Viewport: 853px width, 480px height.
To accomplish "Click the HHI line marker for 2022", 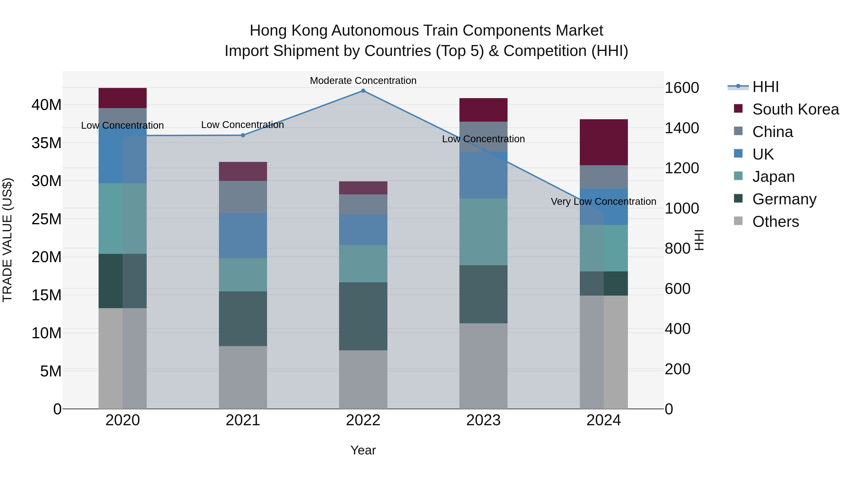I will [363, 91].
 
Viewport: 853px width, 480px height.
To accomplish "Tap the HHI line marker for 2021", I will [243, 135].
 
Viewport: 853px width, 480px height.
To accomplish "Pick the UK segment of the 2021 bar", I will [243, 236].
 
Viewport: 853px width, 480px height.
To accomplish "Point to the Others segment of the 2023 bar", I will [483, 366].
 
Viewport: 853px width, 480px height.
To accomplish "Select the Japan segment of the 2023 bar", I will [483, 232].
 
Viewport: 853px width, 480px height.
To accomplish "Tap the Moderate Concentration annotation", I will [363, 81].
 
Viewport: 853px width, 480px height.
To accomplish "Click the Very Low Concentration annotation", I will [603, 201].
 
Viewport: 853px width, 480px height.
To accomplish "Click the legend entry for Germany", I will [784, 199].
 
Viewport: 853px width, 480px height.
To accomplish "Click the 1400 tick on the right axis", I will [681, 128].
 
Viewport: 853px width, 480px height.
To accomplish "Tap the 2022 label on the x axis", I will [363, 420].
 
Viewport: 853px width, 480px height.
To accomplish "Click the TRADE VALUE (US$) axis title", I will [7, 240].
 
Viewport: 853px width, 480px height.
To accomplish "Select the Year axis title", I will [363, 450].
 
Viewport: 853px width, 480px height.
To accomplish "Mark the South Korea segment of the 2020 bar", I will [123, 98].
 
